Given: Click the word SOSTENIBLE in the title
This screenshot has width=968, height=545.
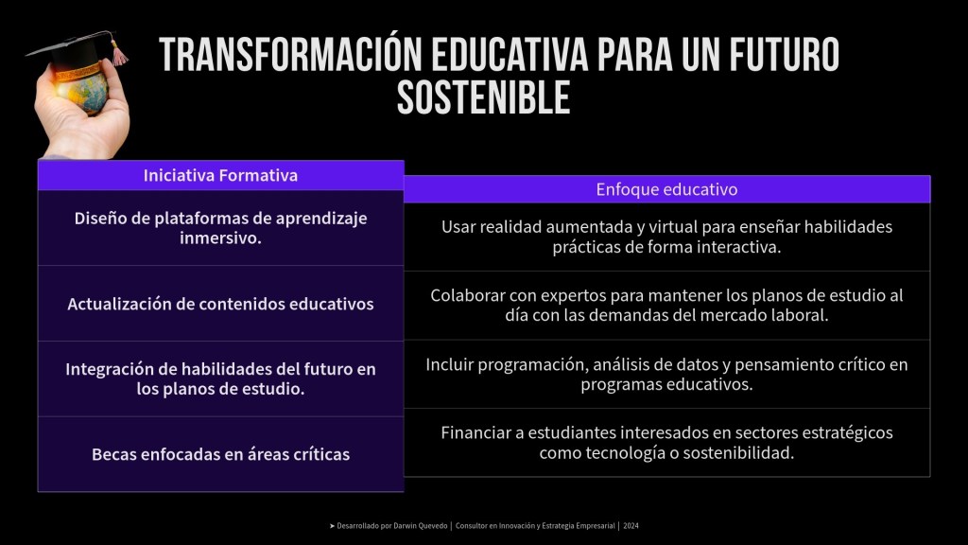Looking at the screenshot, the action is click(483, 98).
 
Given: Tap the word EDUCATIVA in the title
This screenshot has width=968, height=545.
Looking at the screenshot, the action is click(510, 54).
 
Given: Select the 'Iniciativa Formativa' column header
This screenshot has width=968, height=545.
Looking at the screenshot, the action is click(221, 175).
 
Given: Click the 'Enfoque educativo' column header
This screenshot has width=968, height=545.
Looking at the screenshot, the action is click(666, 189).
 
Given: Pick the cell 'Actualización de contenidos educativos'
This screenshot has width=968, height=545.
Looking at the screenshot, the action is click(221, 304).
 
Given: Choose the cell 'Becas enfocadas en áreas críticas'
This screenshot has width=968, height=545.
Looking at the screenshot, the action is click(221, 454).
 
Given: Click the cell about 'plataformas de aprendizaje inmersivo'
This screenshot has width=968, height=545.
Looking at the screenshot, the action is click(221, 228).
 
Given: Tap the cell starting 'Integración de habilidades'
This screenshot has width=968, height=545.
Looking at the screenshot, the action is click(221, 378).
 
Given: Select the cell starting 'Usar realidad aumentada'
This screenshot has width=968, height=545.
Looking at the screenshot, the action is click(666, 237).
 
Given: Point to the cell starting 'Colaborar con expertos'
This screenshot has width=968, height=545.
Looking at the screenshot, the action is click(666, 306).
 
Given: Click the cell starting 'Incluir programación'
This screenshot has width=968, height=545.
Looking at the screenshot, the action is click(666, 374).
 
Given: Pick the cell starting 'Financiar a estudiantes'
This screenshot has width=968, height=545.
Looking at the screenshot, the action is click(666, 443).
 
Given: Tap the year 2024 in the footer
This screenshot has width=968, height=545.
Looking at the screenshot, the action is click(631, 526).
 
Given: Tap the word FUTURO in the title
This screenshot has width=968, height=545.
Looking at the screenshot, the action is click(784, 54).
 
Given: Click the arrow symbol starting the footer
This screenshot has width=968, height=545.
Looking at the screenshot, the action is click(332, 526).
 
